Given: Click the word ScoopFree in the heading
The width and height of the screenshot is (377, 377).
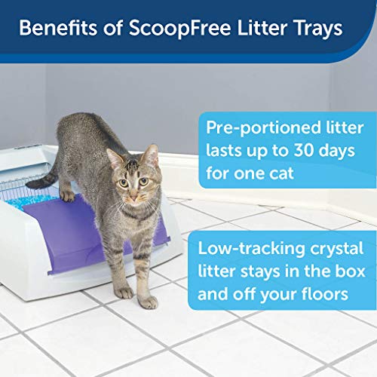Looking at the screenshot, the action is [180, 28].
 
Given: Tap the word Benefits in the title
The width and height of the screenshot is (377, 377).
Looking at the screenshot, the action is [58, 27].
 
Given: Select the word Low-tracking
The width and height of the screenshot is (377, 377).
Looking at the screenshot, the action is [251, 249].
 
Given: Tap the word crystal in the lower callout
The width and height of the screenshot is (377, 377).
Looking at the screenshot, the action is [337, 250].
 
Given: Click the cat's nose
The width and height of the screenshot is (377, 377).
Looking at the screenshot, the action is [133, 198].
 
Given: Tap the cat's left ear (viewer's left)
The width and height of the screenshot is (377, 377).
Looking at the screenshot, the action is [115, 158].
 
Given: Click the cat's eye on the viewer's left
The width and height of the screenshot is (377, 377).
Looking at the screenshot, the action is [124, 183].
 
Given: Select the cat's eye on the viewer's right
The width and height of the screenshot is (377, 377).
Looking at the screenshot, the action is [144, 182].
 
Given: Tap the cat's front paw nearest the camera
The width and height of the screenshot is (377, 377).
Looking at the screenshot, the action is [149, 302].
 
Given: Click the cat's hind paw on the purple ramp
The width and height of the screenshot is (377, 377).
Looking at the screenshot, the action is [67, 196].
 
